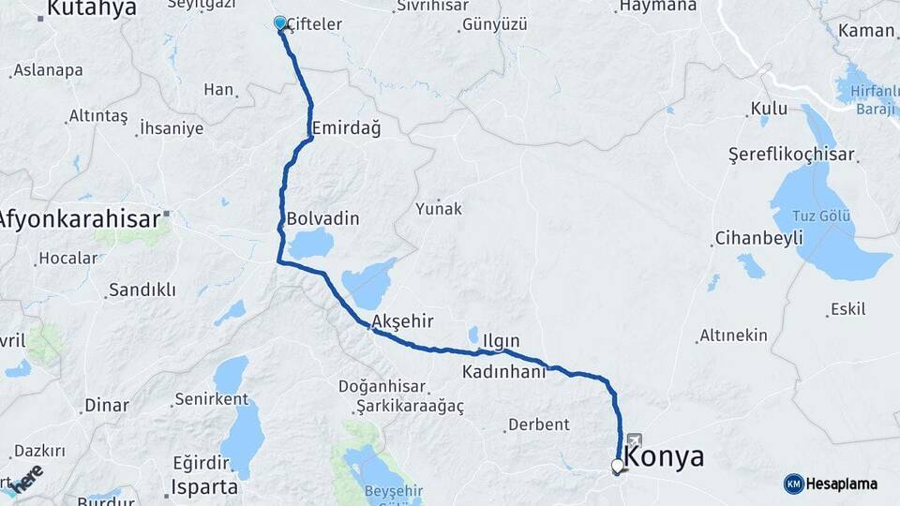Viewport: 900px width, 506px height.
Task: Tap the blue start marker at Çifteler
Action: (279, 22)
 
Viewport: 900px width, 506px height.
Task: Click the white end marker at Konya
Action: (617, 465)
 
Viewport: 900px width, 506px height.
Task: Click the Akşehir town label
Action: (402, 321)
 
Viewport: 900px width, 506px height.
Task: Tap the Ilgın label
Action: (501, 342)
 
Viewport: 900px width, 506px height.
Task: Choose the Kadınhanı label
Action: (503, 372)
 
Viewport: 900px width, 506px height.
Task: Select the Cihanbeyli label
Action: (758, 238)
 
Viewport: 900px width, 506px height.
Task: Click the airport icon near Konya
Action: (635, 439)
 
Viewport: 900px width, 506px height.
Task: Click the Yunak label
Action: (439, 208)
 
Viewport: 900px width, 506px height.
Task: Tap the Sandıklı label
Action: (142, 290)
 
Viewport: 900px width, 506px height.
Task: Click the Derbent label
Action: (538, 424)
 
